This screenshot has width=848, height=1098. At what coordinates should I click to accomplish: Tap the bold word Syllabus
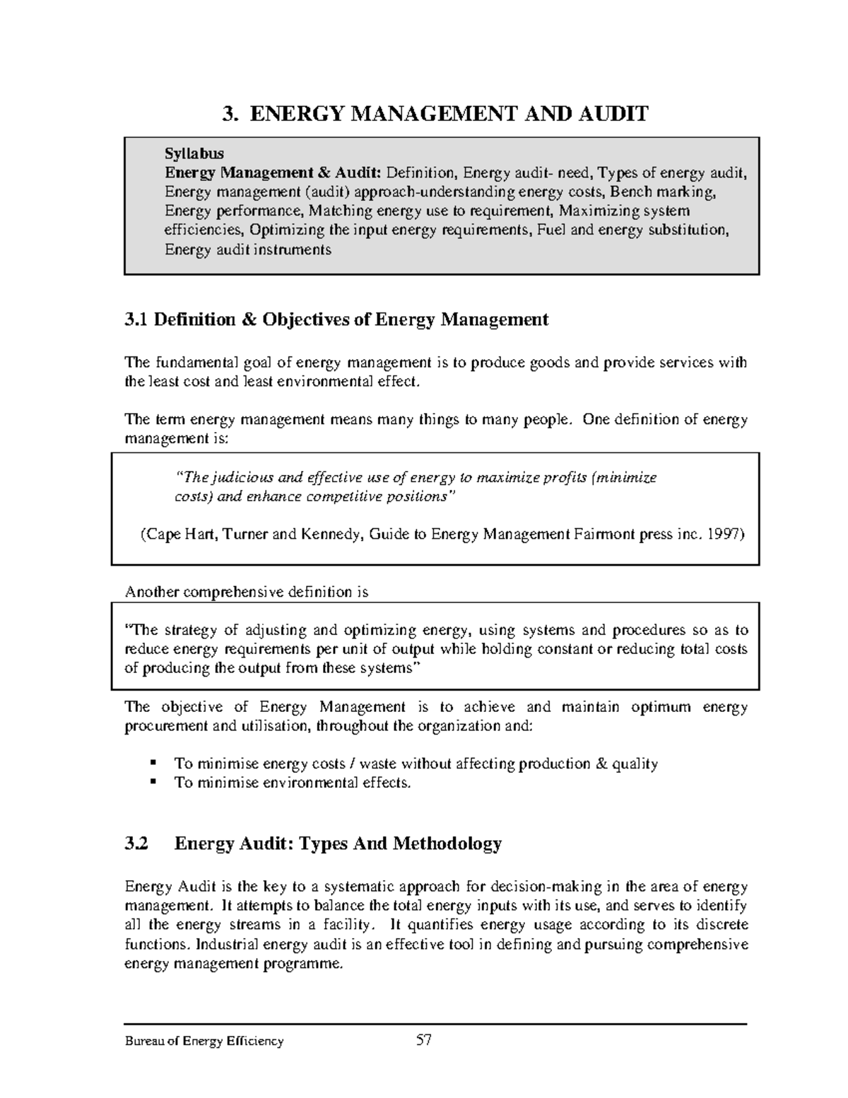click(194, 153)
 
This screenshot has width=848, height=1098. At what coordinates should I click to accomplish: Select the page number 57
click(423, 1040)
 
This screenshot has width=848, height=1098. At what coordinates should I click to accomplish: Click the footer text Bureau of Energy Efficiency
click(204, 1041)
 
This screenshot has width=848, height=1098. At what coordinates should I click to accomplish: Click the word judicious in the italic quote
click(240, 478)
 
